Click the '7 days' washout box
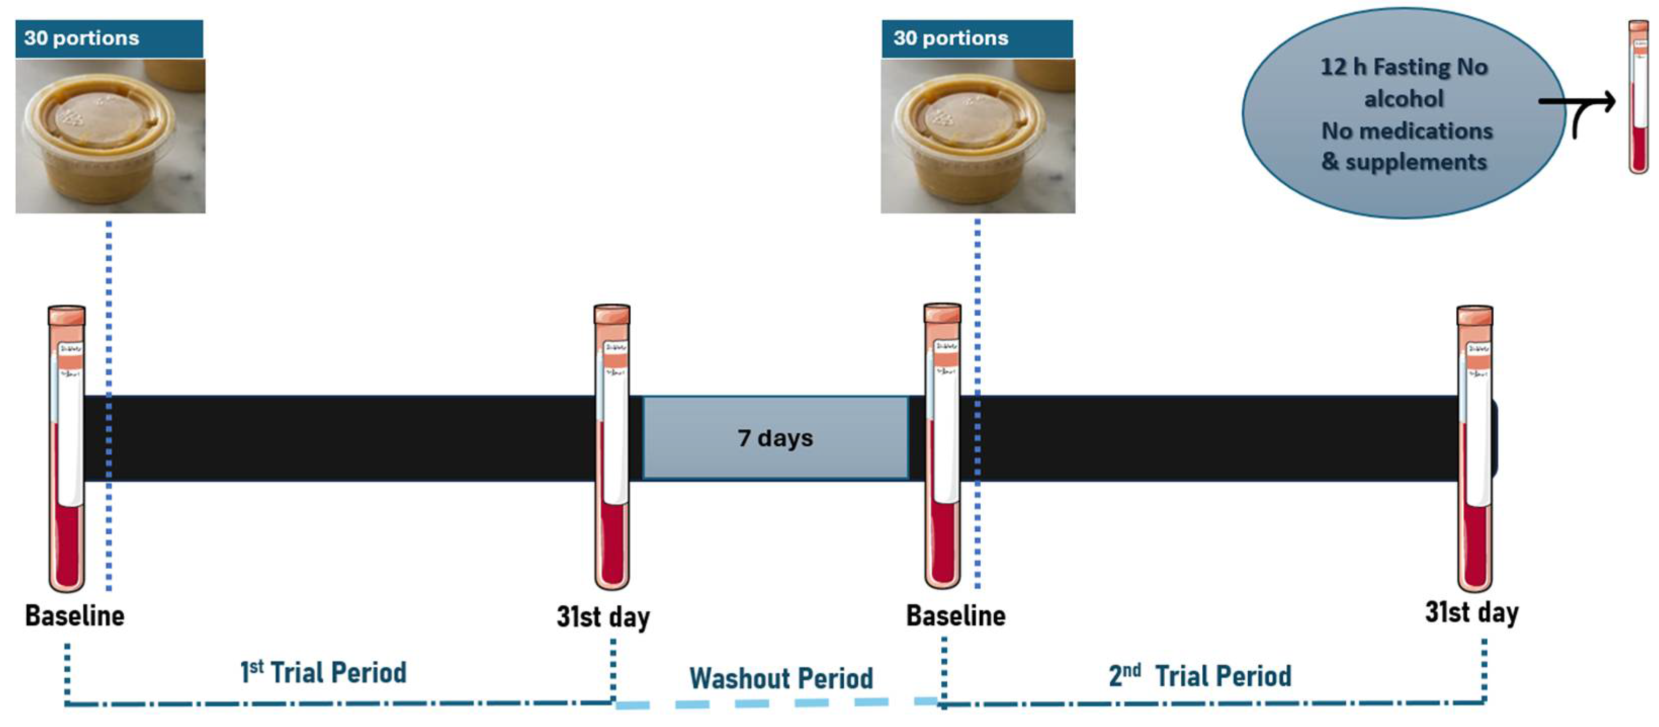pos(775,438)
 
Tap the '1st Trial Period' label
pos(323,673)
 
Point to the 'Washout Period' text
pos(781,678)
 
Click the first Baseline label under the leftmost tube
pos(75,616)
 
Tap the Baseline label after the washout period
pos(956,616)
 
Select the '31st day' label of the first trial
pos(603,617)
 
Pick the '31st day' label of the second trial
pos(1471,612)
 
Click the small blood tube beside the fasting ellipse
pos(1638,97)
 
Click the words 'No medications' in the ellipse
pos(1407,131)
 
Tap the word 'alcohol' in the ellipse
pos(1404,99)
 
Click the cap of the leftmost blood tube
pos(66,316)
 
